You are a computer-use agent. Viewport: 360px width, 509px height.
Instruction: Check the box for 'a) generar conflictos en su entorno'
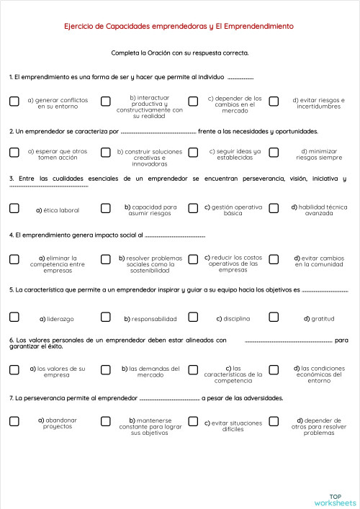coord(14,102)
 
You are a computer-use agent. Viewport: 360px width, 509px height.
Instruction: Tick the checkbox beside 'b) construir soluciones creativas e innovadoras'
coord(106,153)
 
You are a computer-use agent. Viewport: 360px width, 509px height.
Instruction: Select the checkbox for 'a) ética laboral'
coord(14,209)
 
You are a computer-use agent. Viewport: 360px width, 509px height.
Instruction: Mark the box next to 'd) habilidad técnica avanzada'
coord(274,209)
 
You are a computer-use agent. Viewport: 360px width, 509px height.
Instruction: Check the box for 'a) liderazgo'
coord(14,317)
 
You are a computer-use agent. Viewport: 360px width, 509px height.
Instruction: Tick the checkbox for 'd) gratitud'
coord(274,317)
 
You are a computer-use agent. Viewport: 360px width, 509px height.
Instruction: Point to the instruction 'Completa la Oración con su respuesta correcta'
coord(180,53)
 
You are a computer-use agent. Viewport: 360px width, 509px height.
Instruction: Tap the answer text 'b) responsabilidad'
coord(150,318)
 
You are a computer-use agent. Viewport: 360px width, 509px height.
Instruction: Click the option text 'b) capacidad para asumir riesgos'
coord(150,210)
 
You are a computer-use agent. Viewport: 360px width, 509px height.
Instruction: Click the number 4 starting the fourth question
coord(12,235)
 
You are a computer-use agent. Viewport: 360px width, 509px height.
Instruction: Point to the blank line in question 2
coord(158,132)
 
